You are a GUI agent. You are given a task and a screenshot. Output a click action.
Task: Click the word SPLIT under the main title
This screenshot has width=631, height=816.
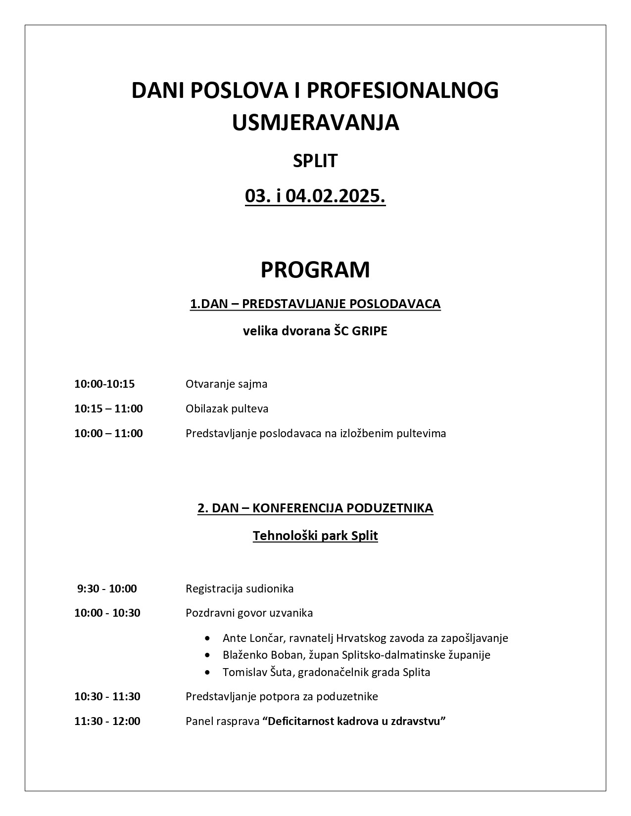315,161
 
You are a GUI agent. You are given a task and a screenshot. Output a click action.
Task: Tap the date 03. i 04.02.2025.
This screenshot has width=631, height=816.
315,196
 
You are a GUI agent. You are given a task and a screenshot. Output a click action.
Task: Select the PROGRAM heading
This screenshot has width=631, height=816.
315,270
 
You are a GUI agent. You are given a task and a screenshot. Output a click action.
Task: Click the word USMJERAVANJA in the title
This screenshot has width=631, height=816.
315,123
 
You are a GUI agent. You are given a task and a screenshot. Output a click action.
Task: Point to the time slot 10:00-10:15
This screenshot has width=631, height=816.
104,384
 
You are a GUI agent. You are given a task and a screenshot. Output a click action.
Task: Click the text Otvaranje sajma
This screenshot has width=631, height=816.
226,384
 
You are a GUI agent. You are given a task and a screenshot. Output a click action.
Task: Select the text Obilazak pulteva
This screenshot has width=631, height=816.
227,408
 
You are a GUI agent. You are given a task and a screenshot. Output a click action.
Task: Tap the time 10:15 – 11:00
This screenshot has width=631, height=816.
108,408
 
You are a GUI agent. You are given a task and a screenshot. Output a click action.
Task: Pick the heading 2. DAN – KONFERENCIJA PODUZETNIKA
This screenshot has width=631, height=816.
315,508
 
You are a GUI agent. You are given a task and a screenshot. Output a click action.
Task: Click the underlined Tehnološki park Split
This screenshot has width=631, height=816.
315,536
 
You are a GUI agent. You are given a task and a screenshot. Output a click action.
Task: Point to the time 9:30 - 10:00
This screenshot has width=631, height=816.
107,589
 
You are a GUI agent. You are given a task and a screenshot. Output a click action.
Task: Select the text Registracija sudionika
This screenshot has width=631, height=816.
240,589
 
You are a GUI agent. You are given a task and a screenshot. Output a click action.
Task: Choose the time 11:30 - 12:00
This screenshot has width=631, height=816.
107,721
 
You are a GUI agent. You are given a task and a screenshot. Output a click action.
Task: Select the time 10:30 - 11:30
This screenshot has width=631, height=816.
107,696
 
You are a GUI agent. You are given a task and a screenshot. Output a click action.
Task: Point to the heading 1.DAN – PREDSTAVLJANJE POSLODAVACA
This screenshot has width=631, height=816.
315,304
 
